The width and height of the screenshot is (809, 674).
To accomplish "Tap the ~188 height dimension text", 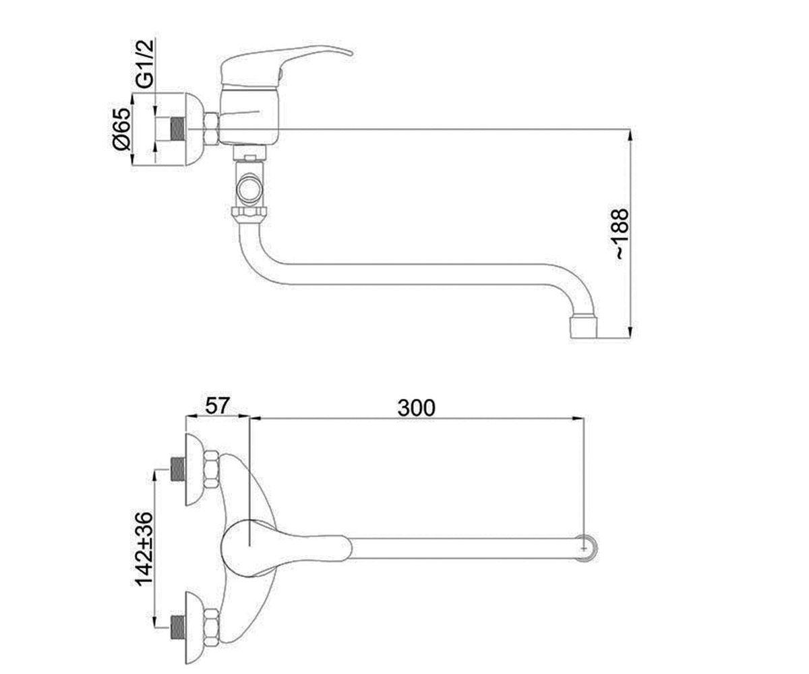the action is pos(621,234).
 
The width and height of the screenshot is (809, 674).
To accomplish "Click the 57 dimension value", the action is pos(217,406).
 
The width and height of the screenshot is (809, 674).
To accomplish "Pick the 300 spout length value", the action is pos(416,408).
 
